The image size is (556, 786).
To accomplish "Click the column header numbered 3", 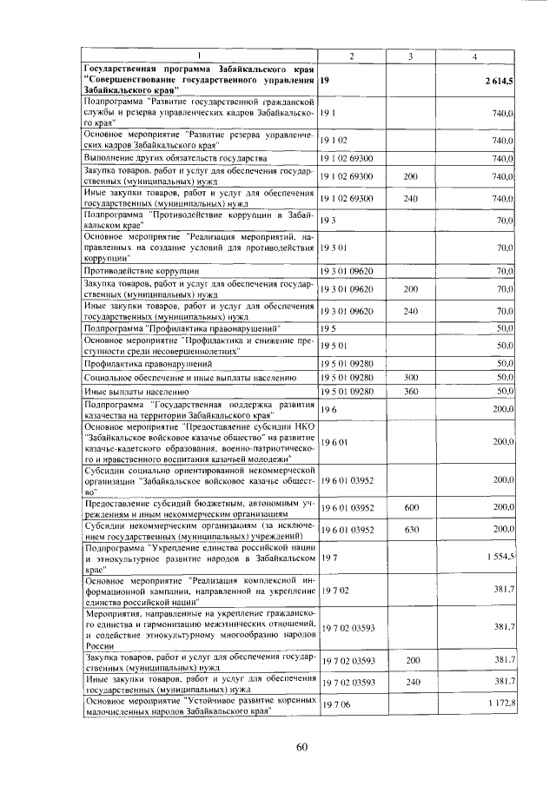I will point(410,56).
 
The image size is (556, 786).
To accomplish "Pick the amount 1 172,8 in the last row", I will point(500,701).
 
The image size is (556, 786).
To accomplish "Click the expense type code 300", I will point(412,378).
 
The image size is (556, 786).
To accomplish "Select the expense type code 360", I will point(412,392).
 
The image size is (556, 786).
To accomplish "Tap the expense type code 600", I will point(412,506).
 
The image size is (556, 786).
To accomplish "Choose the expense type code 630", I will point(412,528).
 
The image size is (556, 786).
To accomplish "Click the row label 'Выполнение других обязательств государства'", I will point(181,159).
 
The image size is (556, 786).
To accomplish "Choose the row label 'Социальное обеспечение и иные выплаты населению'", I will point(190,378).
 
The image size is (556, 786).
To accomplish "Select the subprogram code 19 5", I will point(328,329).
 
